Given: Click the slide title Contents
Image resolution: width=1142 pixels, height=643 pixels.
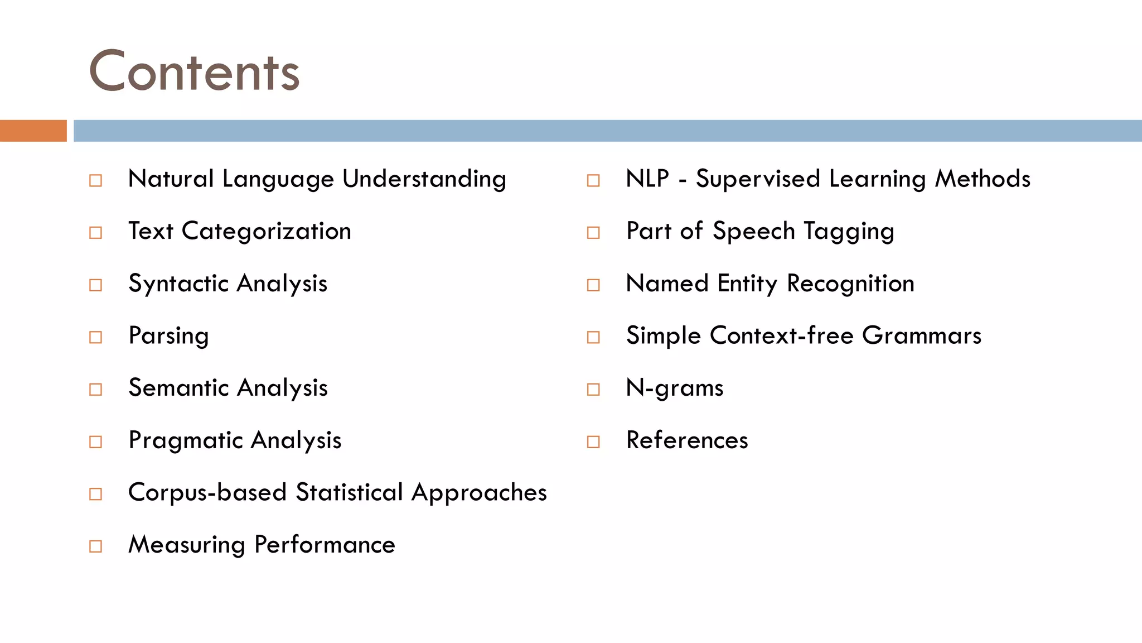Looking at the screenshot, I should [x=194, y=71].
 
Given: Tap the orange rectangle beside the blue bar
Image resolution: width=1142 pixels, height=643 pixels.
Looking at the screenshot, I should [x=33, y=131].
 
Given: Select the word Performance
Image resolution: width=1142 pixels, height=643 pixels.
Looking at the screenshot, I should [x=325, y=545].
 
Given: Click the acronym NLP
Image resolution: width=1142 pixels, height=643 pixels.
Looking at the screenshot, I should [x=647, y=179].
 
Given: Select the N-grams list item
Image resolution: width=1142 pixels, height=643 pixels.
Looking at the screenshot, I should [x=675, y=388].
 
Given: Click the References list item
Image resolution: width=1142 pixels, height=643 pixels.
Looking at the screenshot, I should [x=687, y=440].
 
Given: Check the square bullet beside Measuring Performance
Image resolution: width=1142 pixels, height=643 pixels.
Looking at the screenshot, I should [x=96, y=546].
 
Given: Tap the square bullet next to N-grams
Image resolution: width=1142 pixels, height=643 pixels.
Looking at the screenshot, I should [x=593, y=389].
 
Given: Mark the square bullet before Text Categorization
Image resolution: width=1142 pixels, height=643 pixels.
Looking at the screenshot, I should [x=96, y=232].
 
